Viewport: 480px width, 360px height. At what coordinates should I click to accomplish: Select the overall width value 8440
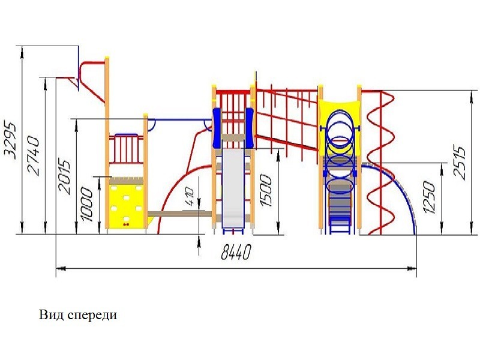(235, 253)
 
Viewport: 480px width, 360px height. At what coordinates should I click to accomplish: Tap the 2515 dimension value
(461, 162)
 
